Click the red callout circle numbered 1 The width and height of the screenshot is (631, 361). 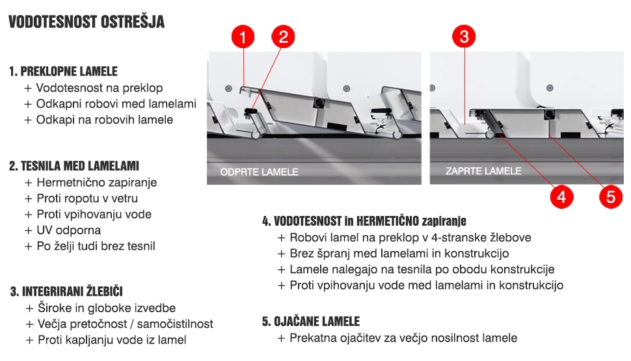243,38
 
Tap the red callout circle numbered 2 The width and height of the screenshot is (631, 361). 283,38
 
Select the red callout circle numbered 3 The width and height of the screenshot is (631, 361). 464,37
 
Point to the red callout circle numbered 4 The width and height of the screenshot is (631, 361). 561,196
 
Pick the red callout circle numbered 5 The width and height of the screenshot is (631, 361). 610,196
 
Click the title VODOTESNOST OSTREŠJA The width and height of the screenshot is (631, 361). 87,23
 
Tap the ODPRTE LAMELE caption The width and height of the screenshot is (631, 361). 259,172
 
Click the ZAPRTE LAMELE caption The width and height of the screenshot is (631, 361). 483,171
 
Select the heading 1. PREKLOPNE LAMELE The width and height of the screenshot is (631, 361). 64,71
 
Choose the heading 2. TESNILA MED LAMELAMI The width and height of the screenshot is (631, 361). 74,166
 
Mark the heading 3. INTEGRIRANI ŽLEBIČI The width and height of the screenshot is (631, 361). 66,291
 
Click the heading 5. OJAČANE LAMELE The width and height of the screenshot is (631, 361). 311,321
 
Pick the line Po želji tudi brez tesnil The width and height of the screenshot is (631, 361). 96,246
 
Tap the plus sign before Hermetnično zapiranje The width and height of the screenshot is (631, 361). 28,183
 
